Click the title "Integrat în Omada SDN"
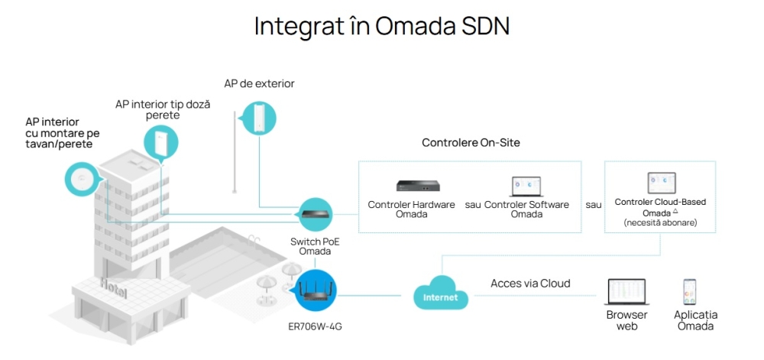click(x=381, y=26)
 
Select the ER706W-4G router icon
click(x=316, y=290)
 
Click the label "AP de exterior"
click(x=259, y=83)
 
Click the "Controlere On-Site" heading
click(x=471, y=143)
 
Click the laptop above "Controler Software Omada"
click(x=526, y=187)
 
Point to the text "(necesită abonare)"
click(x=660, y=222)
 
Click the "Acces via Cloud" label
click(x=530, y=284)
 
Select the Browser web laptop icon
click(x=627, y=293)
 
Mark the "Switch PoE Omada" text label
click(x=315, y=246)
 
